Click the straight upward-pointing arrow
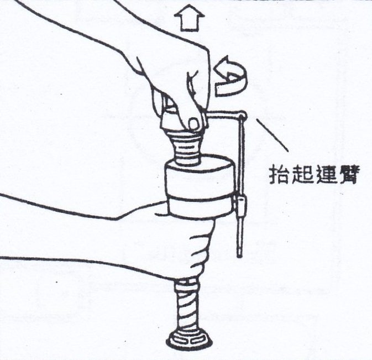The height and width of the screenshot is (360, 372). pos(189,18)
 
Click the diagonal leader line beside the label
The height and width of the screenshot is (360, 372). pos(273,135)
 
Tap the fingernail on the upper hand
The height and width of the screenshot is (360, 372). pos(194,123)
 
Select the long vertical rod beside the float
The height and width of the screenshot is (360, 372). pos(241,185)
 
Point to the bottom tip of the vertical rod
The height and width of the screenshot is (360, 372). pos(240,257)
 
